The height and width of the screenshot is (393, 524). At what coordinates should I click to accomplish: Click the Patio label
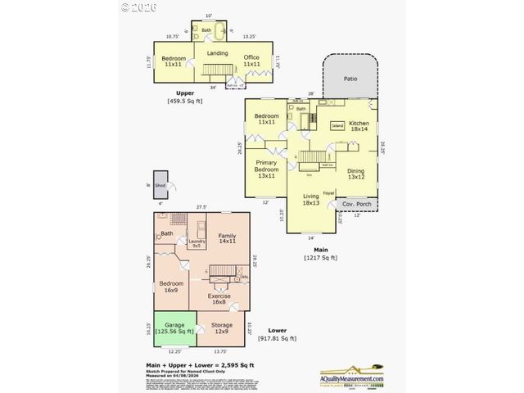pyautogui.click(x=351, y=79)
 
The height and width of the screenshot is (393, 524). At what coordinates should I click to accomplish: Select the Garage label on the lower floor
pyautogui.click(x=174, y=328)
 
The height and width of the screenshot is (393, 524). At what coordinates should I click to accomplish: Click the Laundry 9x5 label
pyautogui.click(x=196, y=243)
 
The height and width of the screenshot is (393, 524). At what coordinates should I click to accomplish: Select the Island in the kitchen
pyautogui.click(x=337, y=126)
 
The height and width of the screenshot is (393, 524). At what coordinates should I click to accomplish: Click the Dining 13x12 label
pyautogui.click(x=356, y=174)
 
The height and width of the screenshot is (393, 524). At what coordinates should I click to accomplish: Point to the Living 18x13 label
pyautogui.click(x=311, y=200)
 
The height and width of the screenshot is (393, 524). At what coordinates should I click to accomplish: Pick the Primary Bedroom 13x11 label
pyautogui.click(x=267, y=169)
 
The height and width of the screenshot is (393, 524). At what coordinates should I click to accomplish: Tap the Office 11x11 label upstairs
pyautogui.click(x=251, y=60)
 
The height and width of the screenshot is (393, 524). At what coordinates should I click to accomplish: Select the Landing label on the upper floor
pyautogui.click(x=217, y=54)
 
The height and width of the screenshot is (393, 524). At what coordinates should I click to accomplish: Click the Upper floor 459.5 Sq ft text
pyautogui.click(x=184, y=97)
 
